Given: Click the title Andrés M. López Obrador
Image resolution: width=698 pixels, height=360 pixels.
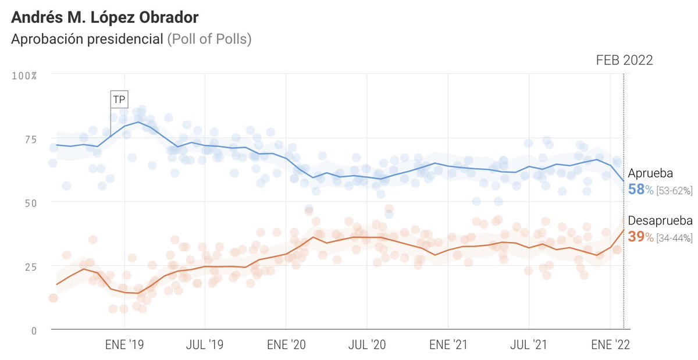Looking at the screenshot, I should (x=105, y=18).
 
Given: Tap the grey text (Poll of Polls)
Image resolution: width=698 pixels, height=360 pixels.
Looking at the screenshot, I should (x=209, y=40).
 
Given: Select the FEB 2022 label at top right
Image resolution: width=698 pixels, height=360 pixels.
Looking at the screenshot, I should (x=624, y=60).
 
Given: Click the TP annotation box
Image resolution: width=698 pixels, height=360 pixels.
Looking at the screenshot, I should (x=119, y=99).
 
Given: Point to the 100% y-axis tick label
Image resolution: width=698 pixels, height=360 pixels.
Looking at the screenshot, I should (x=25, y=76).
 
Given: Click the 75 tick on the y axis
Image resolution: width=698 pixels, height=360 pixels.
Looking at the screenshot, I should (x=29, y=139).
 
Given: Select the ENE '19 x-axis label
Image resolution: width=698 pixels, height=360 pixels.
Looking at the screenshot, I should (x=125, y=344).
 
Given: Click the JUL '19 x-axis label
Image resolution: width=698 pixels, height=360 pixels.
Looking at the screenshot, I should (x=205, y=344).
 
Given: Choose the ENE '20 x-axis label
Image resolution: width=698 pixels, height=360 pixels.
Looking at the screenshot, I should (x=286, y=344).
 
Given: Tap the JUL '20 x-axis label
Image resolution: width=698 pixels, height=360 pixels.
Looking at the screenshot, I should (x=366, y=344).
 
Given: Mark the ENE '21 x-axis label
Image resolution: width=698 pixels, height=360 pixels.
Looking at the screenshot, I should (x=448, y=344).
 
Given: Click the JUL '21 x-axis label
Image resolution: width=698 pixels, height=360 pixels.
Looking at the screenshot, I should (x=529, y=344).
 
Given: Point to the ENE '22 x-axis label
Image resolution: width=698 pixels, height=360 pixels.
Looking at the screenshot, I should (x=610, y=344).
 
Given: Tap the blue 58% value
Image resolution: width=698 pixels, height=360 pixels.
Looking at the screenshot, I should (x=640, y=190).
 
